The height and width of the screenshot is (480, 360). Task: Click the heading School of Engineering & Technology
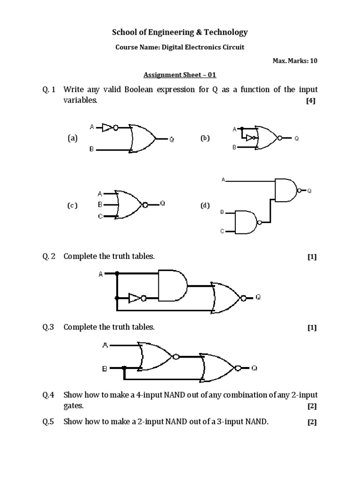tap(180, 32)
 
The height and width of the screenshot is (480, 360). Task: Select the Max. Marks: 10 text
tap(294, 61)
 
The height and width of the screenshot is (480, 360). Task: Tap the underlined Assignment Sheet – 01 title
tap(180, 75)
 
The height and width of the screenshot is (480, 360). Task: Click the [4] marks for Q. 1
tap(310, 101)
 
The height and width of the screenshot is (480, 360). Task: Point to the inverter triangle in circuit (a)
tap(107, 127)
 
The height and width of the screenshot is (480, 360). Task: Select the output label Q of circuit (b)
tap(296, 139)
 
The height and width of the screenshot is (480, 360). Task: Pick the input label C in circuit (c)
tap(100, 216)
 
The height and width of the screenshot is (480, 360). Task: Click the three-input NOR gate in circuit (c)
tap(128, 204)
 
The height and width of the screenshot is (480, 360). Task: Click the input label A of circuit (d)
tap(224, 180)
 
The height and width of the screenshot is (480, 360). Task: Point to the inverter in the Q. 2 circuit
tap(135, 298)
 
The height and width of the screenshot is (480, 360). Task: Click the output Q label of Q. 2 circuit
tap(259, 298)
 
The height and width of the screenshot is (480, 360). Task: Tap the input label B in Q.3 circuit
tap(105, 368)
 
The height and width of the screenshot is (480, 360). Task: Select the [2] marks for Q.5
tap(312, 422)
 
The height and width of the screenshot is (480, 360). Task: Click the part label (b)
tap(205, 138)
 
